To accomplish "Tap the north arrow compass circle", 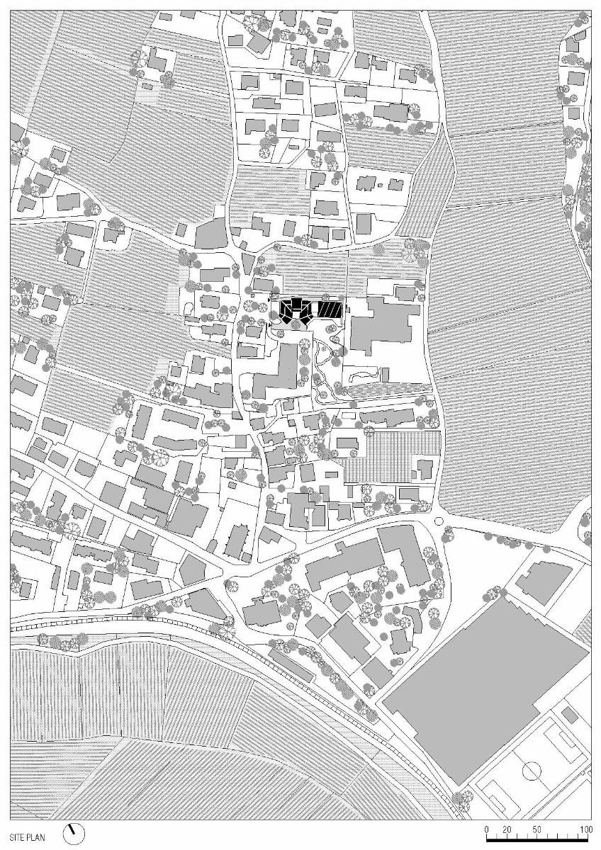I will click(x=73, y=833).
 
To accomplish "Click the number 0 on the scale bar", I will click(x=487, y=829).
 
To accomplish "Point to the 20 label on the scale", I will click(x=507, y=829).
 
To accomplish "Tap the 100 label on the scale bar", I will click(x=585, y=829).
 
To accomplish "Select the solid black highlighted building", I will click(x=293, y=311).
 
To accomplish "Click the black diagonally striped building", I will click(x=330, y=310).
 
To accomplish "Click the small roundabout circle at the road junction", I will click(x=439, y=521).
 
